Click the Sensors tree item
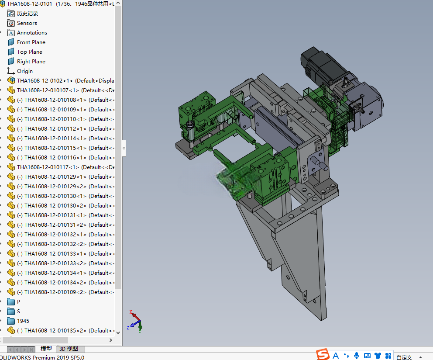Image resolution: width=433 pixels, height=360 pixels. click(27, 23)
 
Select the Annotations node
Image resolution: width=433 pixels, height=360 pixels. click(32, 33)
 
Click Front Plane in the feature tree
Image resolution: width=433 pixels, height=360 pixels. click(31, 42)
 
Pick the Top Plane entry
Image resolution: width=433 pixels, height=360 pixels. click(30, 52)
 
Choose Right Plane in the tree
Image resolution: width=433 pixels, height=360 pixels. click(31, 61)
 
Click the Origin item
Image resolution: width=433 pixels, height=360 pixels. click(24, 71)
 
